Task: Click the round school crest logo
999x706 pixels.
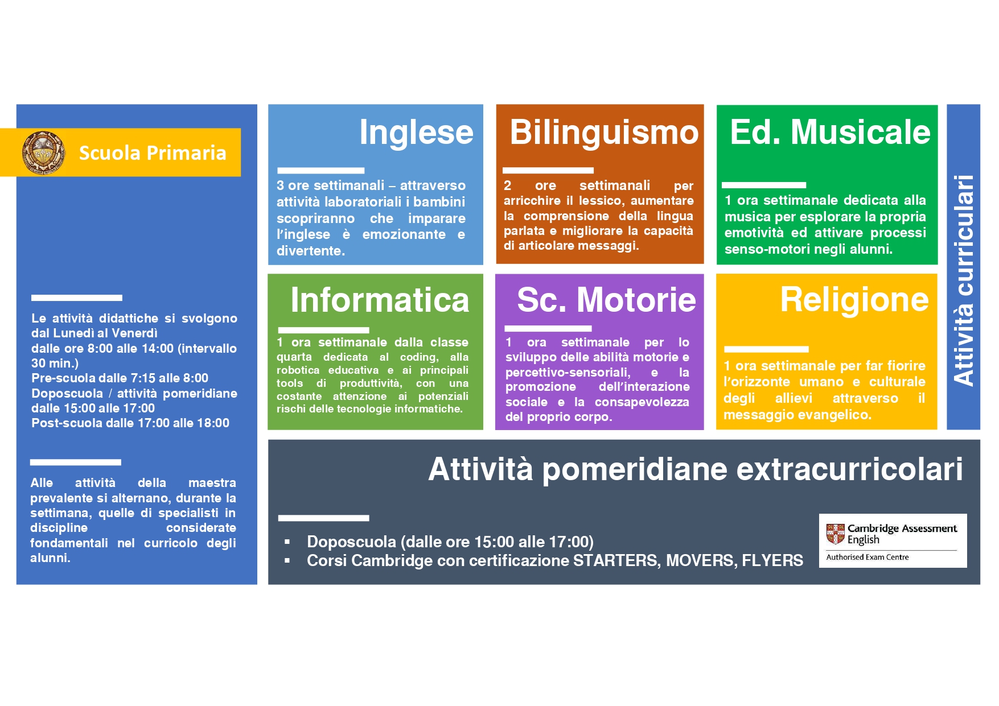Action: (43, 152)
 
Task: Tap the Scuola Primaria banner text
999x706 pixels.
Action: (153, 153)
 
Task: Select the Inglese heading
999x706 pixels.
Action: (416, 133)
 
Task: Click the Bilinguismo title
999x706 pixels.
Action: (604, 133)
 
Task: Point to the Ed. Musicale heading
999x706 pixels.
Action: (830, 132)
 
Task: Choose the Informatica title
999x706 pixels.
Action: (380, 300)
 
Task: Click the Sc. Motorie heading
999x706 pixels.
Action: (606, 300)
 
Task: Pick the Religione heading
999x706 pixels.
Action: (854, 300)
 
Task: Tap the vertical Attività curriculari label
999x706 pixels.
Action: (963, 280)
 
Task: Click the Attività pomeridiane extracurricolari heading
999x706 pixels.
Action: (696, 469)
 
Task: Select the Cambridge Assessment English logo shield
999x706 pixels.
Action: (835, 534)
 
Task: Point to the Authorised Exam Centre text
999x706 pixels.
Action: (867, 558)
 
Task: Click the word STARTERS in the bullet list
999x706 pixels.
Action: (617, 561)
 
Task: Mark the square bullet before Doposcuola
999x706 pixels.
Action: (287, 542)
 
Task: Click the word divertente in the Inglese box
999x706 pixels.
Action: (311, 251)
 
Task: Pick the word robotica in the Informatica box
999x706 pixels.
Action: (298, 370)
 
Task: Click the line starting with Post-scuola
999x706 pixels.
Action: (130, 423)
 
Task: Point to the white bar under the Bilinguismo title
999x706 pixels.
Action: (548, 170)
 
